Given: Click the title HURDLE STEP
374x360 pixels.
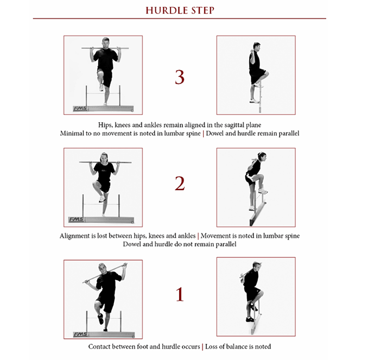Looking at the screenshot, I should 179,10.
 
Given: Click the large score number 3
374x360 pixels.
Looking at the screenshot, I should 180,77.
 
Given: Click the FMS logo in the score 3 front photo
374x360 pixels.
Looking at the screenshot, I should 80,108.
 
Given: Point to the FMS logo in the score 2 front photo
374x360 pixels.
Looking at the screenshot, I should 77,219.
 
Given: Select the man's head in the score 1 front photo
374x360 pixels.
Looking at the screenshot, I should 103,267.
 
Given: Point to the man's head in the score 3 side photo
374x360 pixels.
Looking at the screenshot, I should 256,46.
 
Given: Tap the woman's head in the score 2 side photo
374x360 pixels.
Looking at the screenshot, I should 262,157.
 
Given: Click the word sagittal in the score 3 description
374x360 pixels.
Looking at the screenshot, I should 236,124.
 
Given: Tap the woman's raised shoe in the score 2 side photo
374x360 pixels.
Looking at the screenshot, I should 263,191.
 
